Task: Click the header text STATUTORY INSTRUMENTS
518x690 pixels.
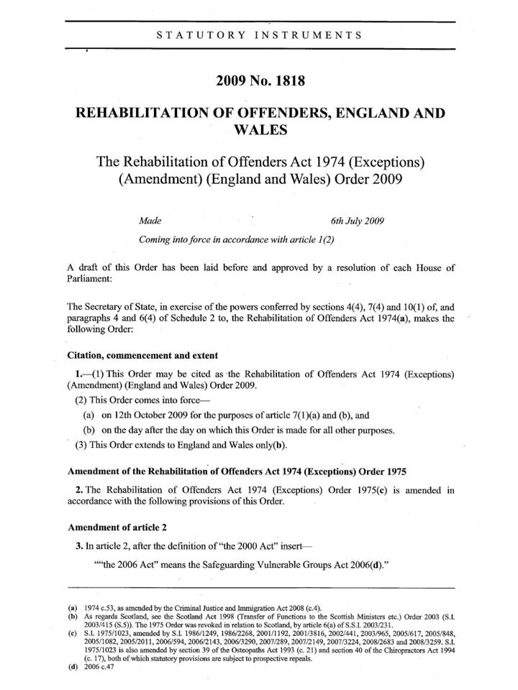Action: coord(259,34)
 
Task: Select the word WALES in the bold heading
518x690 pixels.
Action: coord(258,131)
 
